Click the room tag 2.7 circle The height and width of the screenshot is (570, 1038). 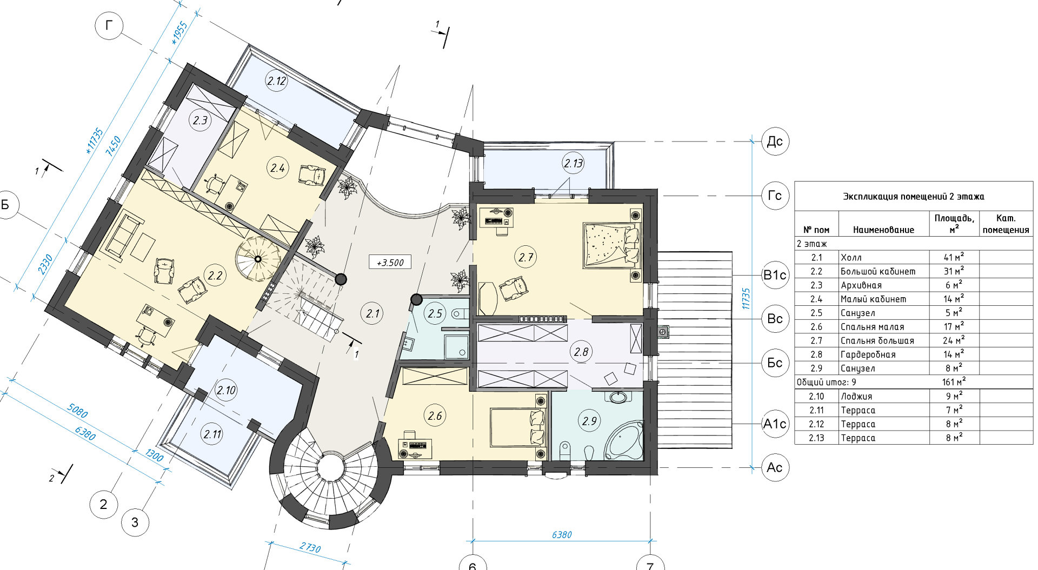[526, 258]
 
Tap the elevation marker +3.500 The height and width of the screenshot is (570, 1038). [390, 263]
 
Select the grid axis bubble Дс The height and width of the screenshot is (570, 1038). [775, 142]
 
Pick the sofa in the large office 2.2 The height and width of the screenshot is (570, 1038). [124, 234]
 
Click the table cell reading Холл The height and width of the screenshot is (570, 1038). [851, 258]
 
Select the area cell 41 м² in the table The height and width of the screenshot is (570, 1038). [954, 257]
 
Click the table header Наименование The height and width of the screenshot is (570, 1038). [883, 230]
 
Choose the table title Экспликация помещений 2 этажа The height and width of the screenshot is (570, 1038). [913, 197]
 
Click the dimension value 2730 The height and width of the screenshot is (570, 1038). [310, 548]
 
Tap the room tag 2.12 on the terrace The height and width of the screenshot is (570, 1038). [277, 81]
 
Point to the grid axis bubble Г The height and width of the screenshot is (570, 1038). [109, 25]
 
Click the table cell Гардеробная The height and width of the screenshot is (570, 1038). [868, 354]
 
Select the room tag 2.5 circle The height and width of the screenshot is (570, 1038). [435, 313]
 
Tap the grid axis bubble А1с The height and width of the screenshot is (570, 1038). [775, 424]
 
